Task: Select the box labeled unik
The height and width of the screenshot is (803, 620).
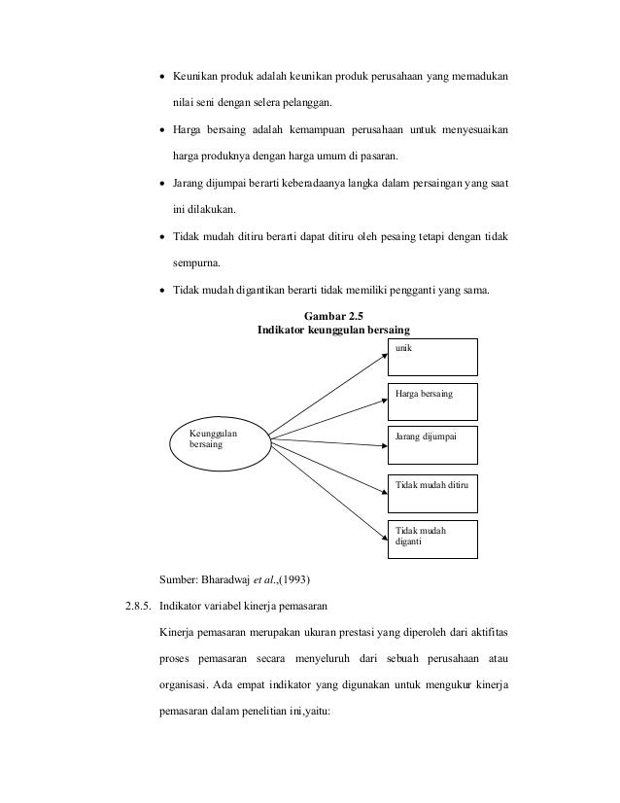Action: [x=432, y=357]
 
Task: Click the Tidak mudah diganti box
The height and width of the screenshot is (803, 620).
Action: [x=432, y=538]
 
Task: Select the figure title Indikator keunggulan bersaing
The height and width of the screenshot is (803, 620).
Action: [x=331, y=331]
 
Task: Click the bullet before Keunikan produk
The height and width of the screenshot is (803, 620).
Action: [x=161, y=77]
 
